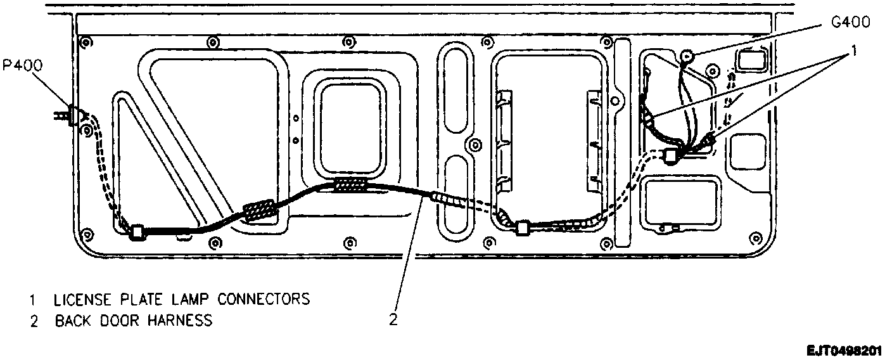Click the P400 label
[23, 66]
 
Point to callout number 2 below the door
[393, 320]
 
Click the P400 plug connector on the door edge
[72, 115]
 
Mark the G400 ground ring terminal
[685, 58]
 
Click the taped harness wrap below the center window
[350, 185]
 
